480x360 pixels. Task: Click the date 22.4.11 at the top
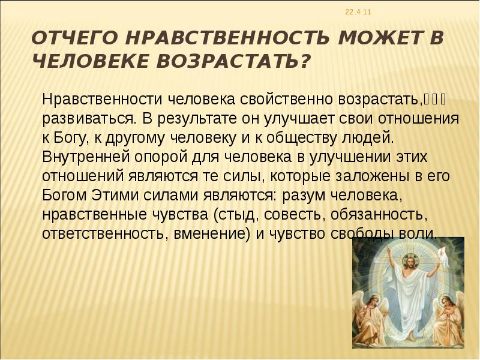tap(359, 13)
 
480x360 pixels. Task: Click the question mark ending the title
tap(305, 61)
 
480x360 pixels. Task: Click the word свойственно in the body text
tap(283, 98)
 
